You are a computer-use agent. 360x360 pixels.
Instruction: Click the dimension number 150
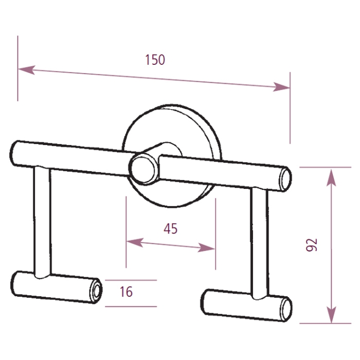pos(155,60)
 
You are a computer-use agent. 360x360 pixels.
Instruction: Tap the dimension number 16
pos(126,292)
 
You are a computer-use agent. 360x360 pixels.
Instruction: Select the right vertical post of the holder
pos(259,242)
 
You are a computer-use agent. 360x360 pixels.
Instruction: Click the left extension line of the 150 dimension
pos(18,67)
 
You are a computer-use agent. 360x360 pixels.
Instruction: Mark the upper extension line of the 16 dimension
pos(131,280)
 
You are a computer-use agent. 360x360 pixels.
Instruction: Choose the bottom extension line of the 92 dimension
pos(324,323)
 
